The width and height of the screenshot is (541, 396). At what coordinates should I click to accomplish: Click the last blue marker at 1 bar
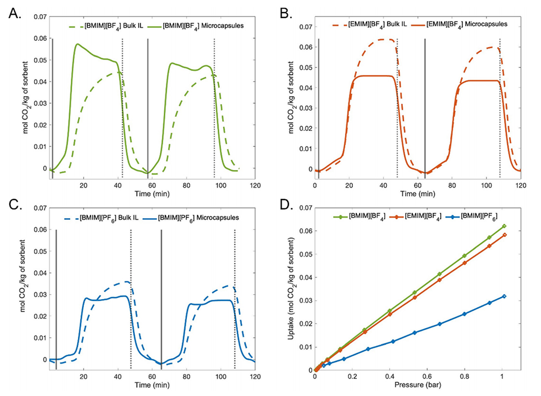point(504,296)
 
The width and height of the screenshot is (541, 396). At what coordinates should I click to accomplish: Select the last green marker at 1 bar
point(504,226)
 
